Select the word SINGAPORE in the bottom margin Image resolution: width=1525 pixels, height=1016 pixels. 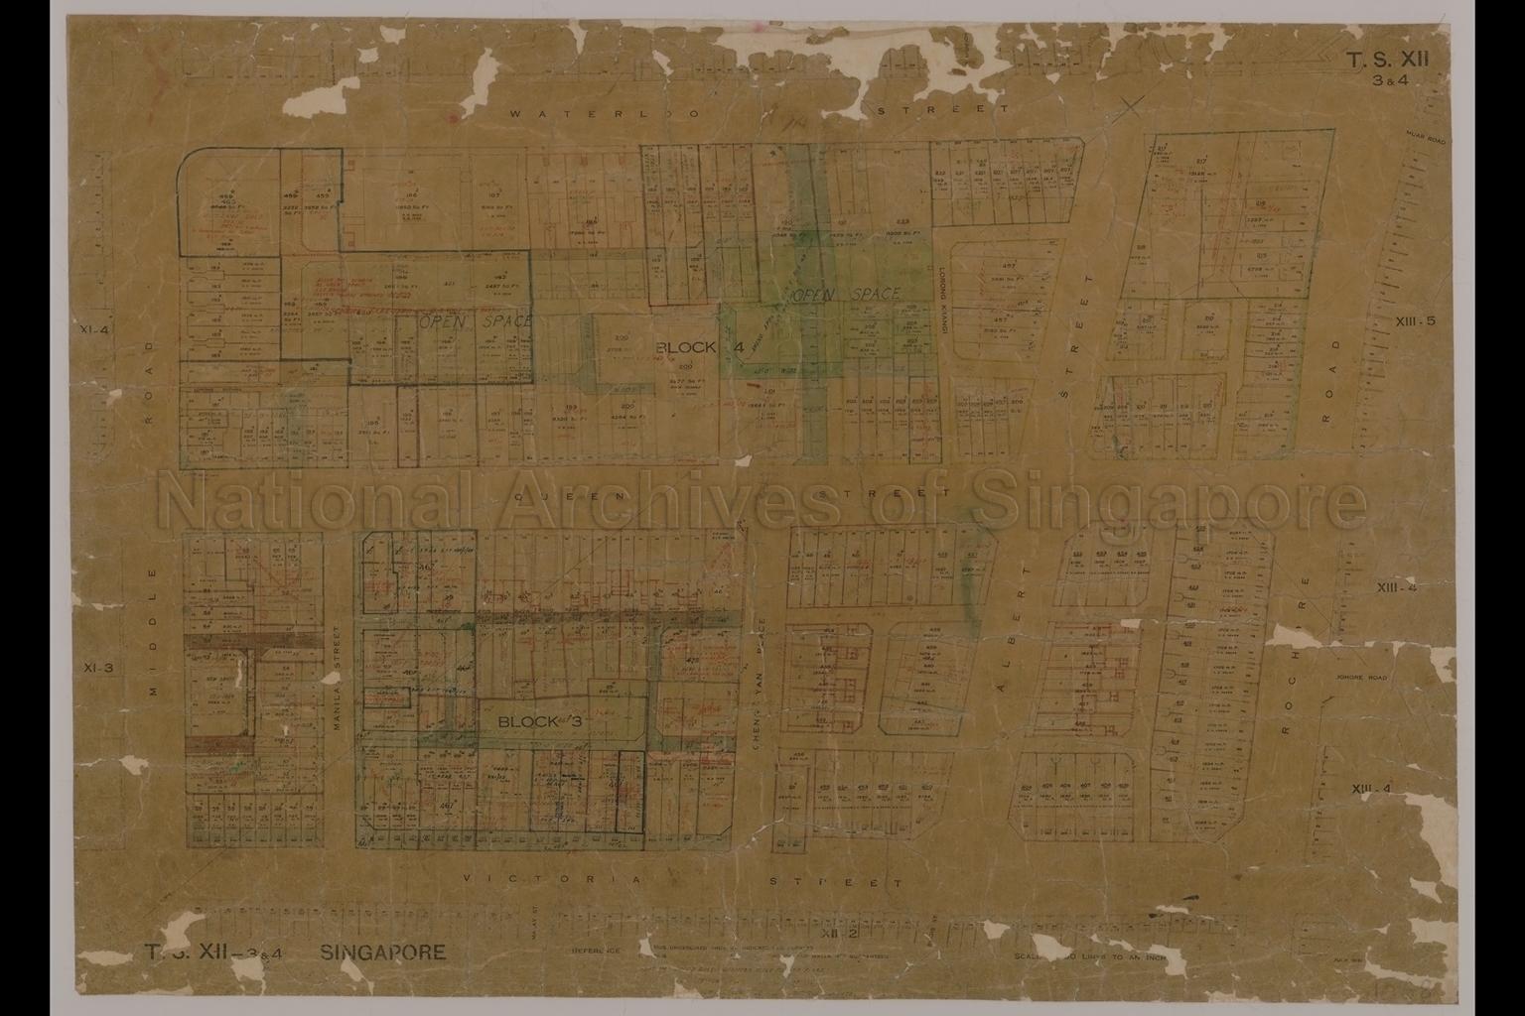tap(383, 953)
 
